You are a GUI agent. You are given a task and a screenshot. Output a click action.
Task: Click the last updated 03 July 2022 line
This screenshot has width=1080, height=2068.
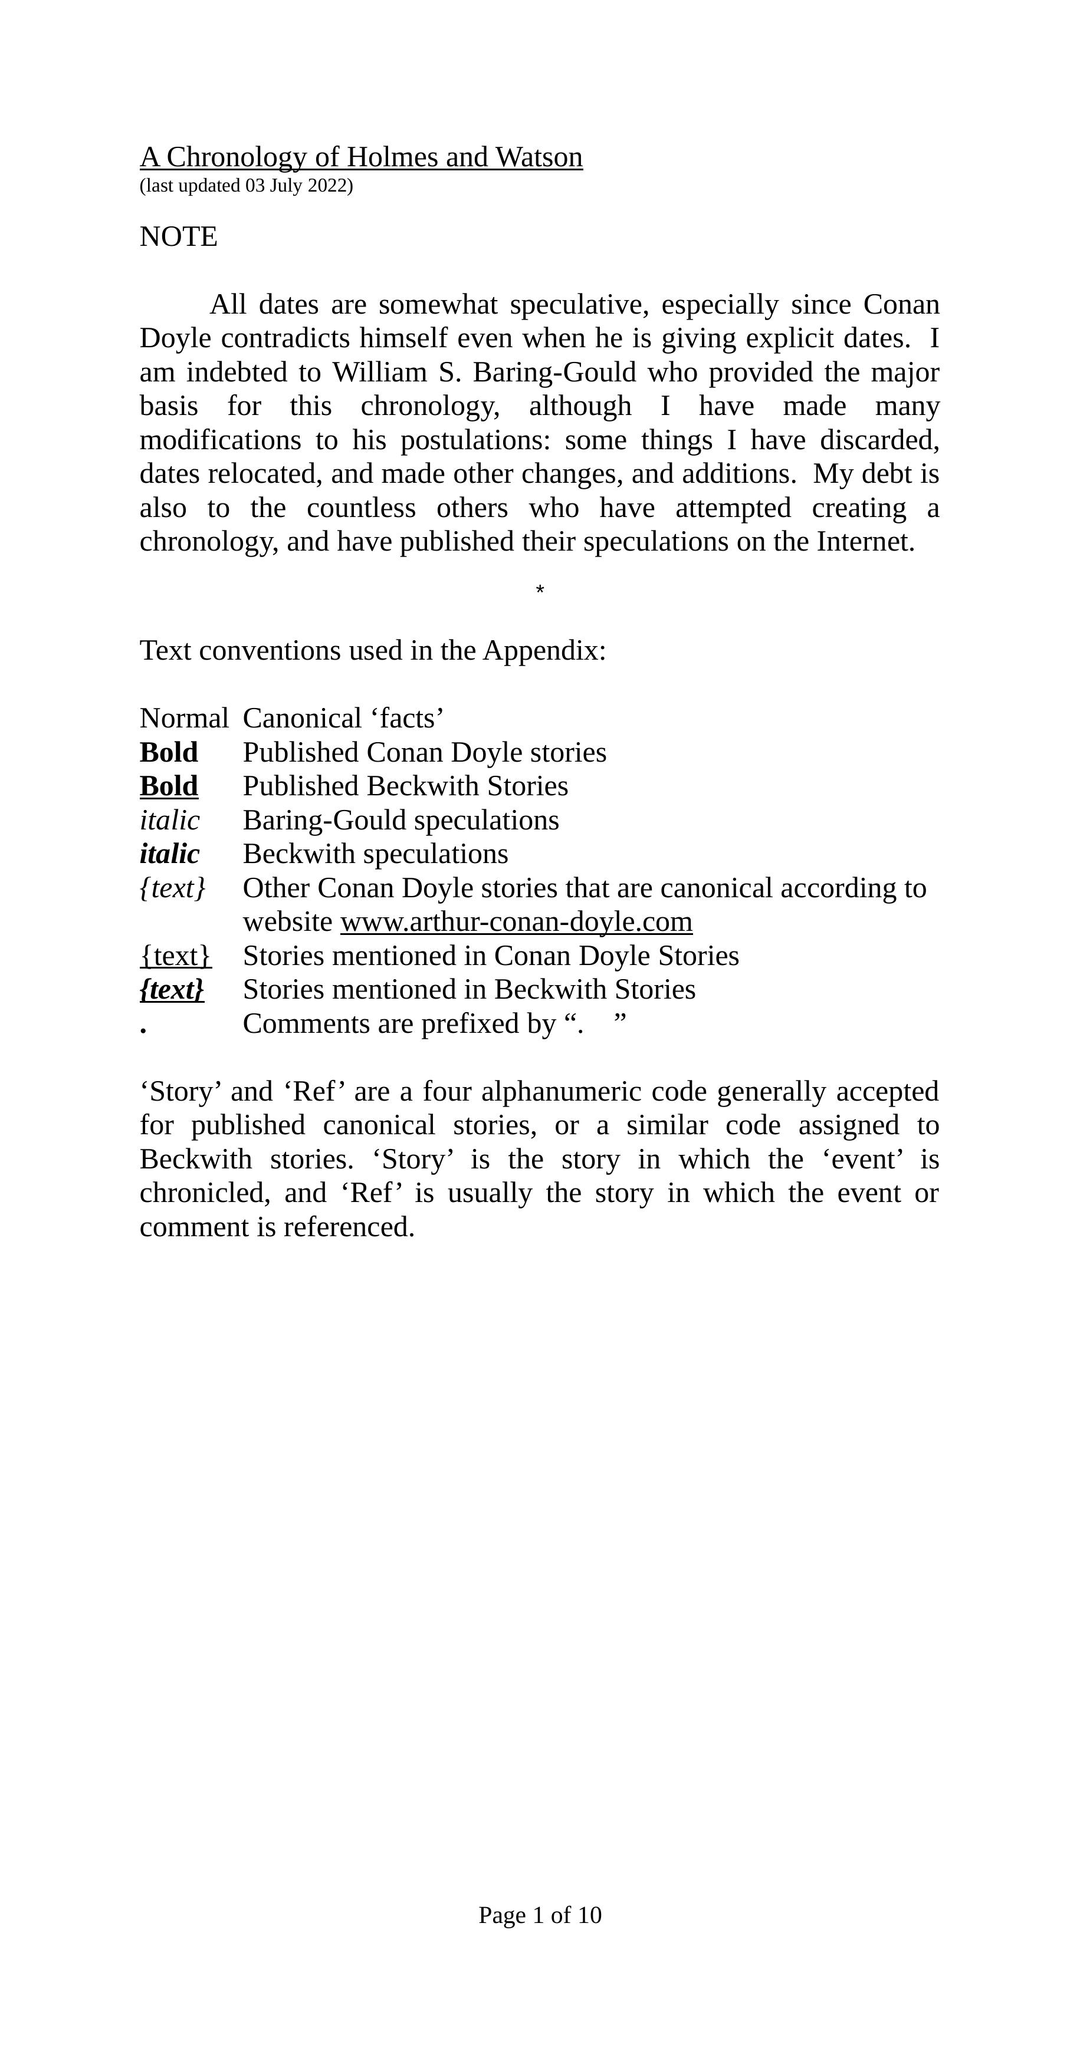[x=246, y=186]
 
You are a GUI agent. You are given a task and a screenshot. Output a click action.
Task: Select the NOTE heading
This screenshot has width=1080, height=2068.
[x=178, y=237]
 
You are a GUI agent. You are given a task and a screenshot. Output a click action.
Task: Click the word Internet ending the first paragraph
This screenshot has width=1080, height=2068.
[x=864, y=542]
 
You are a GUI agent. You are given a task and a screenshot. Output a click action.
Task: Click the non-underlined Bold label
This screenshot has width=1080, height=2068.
[x=169, y=752]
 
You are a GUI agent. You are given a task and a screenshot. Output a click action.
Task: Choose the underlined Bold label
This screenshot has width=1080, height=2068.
[x=169, y=786]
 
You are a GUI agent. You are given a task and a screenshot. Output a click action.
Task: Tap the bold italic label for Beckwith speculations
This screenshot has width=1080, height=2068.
[x=169, y=854]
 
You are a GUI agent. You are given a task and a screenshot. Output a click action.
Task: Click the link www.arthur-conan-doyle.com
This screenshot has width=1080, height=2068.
[x=516, y=921]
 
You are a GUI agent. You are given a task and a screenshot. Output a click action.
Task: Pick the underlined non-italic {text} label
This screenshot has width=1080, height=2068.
[x=175, y=956]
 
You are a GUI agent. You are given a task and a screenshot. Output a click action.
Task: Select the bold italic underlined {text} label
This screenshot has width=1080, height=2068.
[x=172, y=990]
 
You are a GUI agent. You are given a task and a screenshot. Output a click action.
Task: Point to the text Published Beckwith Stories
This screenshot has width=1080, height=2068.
[x=405, y=786]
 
